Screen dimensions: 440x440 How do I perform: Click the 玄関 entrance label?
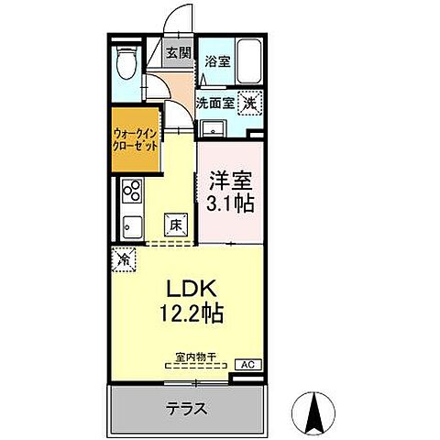pos(178,53)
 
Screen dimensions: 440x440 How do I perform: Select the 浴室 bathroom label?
pos(216,63)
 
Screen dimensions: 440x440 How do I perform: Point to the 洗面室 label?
pos(215,103)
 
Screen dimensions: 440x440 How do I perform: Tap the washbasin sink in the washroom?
pos(212,127)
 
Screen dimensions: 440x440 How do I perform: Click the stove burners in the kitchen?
pos(130,192)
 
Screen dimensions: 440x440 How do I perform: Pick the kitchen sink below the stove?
pos(129,226)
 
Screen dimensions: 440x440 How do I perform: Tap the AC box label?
pos(246,364)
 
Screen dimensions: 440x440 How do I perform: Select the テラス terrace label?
pos(186,409)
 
